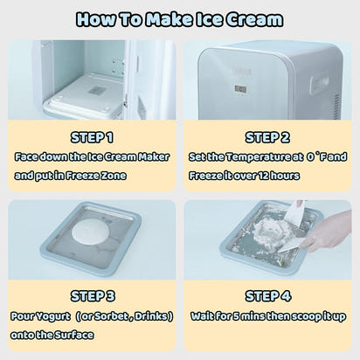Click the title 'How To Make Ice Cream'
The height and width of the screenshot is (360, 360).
click(x=179, y=19)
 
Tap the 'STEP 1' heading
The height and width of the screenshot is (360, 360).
click(x=91, y=137)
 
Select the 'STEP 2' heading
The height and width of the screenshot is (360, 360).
click(x=267, y=137)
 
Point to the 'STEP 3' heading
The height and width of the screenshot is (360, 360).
click(x=91, y=295)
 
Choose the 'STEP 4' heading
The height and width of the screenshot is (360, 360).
click(x=267, y=295)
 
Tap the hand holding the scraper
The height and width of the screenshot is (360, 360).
click(x=329, y=232)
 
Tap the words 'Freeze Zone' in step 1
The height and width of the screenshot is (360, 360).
click(x=112, y=175)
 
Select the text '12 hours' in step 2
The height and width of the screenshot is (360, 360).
click(x=278, y=175)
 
